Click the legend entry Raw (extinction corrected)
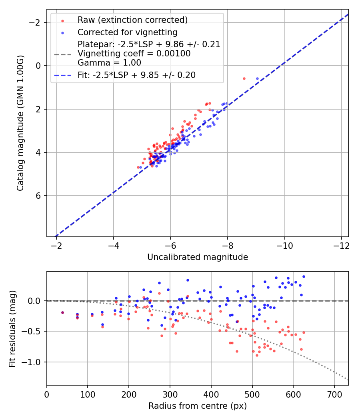[x=132, y=20]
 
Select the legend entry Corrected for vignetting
[x=128, y=32]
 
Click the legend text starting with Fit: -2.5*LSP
[x=136, y=75]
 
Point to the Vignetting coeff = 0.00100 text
[x=134, y=54]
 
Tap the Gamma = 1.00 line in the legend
[x=109, y=63]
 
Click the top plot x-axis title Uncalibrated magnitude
[x=198, y=257]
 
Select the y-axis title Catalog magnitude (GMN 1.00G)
[x=20, y=123]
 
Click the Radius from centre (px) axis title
[x=198, y=406]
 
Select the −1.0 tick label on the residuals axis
[x=33, y=362]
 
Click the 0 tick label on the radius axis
[x=47, y=394]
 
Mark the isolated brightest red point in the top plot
[x=244, y=78]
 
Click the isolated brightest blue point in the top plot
[x=257, y=78]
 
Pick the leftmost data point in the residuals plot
[x=62, y=312]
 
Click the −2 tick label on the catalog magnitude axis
[x=36, y=22]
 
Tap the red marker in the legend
[x=62, y=20]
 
